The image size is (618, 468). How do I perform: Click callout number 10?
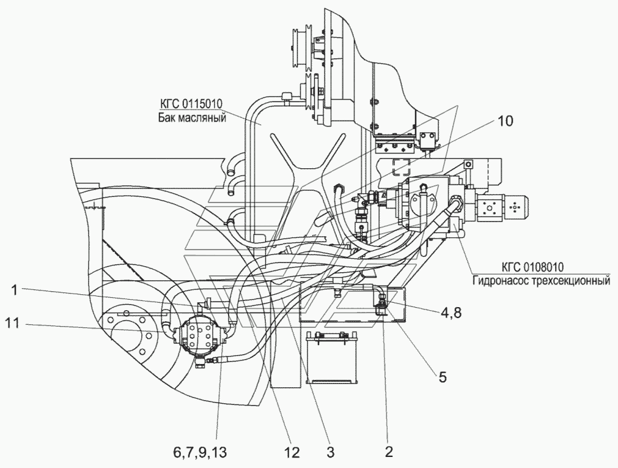504,122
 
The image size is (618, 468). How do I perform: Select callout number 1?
14,291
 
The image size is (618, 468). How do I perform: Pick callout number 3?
330,452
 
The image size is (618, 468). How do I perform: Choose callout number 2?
389,452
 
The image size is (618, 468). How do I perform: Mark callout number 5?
442,377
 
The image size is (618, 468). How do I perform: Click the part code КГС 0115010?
191,104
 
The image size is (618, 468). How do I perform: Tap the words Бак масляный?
193,117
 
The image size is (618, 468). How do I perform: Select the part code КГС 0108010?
533,267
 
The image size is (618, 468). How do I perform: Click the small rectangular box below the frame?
331,357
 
